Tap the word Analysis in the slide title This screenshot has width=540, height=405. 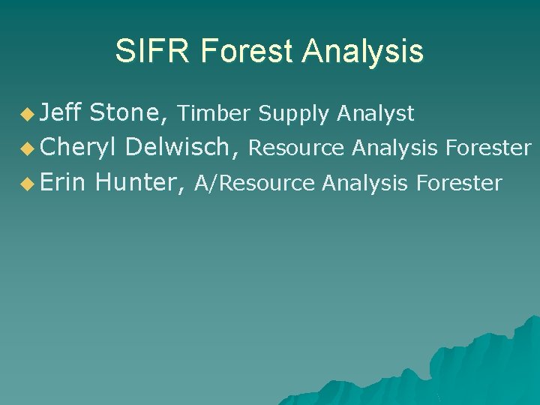(x=363, y=52)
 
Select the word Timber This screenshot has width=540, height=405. (x=214, y=114)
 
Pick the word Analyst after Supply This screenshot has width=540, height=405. (x=375, y=114)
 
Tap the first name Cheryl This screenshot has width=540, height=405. (x=79, y=148)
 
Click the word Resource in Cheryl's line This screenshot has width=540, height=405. (x=296, y=148)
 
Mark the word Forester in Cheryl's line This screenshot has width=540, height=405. (x=488, y=148)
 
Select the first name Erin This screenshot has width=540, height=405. (x=64, y=182)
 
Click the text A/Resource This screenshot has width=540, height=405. (x=254, y=183)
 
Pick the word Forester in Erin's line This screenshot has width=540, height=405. (x=459, y=183)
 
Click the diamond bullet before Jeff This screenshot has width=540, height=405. (x=28, y=115)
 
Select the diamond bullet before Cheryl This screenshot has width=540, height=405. (x=28, y=149)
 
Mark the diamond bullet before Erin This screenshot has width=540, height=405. (x=28, y=184)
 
